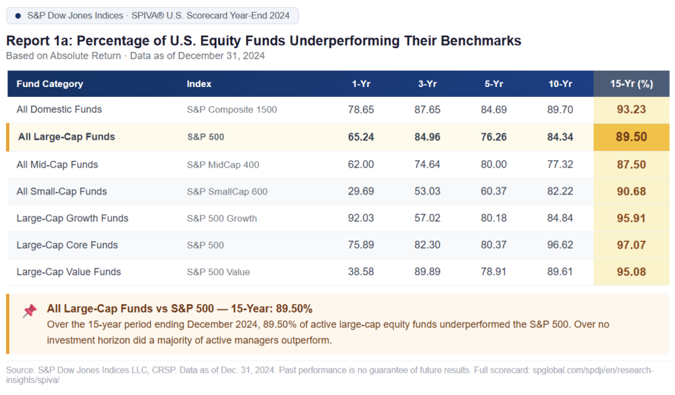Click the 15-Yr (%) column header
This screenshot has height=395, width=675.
(x=631, y=84)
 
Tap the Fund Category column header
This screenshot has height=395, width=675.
(x=50, y=84)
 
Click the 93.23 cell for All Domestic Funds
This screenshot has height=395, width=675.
(x=631, y=109)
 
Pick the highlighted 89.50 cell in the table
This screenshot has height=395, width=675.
(x=631, y=137)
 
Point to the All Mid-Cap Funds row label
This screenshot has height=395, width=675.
(x=57, y=164)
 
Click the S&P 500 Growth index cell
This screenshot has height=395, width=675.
(x=221, y=218)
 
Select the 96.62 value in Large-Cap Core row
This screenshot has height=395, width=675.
(x=560, y=245)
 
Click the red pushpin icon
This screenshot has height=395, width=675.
(x=30, y=311)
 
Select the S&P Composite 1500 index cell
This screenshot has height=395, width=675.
(x=232, y=109)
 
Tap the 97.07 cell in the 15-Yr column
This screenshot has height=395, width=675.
(x=631, y=245)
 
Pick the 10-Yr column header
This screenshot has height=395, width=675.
(x=560, y=84)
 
